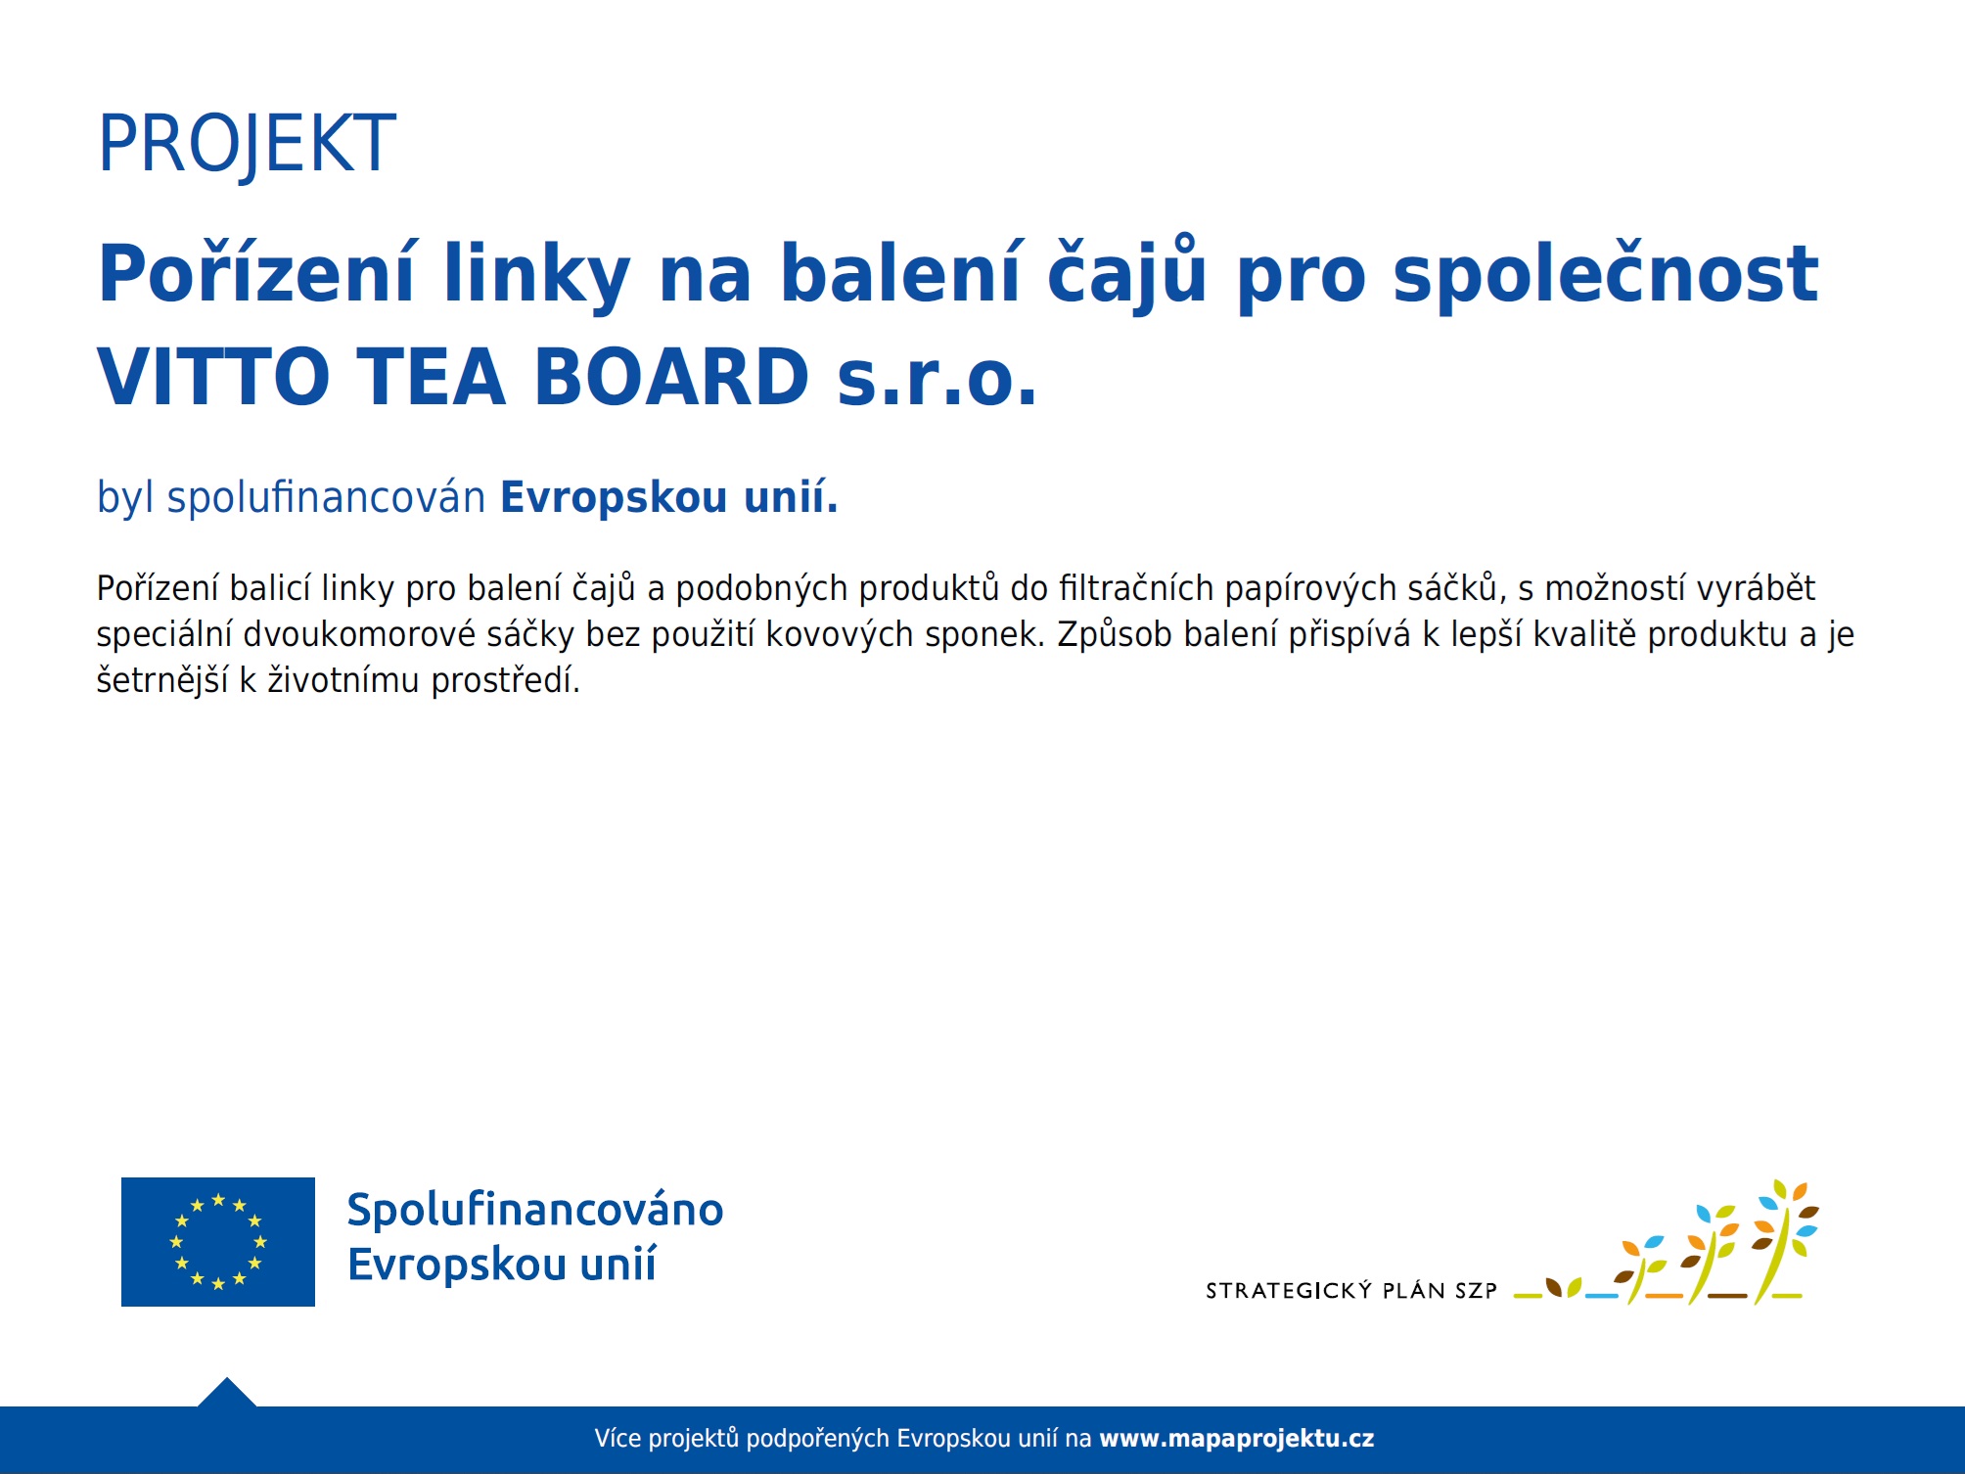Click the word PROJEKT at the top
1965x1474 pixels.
247,144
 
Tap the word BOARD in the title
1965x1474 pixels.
671,377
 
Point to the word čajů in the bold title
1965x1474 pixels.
1126,274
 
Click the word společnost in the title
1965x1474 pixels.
1606,274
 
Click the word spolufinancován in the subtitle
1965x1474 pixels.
326,497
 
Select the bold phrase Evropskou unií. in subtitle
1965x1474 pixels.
669,496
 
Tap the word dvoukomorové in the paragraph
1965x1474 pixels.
359,634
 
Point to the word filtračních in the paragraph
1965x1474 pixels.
1136,588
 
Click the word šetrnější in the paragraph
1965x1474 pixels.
162,680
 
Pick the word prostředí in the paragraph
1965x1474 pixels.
505,680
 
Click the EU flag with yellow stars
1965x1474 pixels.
218,1241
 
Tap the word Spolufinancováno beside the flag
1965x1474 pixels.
535,1210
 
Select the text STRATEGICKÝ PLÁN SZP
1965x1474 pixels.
1351,1291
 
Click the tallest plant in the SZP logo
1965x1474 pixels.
1782,1241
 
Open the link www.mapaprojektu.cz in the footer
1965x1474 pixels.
1237,1439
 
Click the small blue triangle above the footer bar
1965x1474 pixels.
227,1393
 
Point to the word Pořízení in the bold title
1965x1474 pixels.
257,274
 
